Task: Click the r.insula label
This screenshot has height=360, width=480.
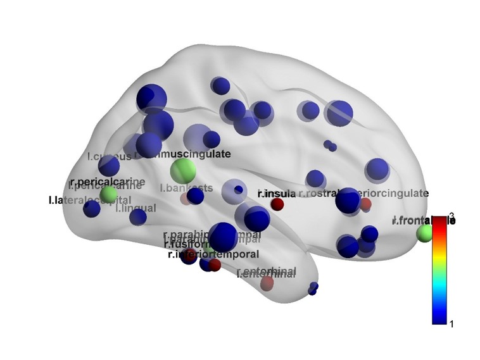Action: coord(276,193)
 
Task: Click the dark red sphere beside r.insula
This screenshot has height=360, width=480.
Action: coord(277,204)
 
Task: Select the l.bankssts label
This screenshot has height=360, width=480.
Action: coord(186,188)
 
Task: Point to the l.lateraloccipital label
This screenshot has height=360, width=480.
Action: coord(89,201)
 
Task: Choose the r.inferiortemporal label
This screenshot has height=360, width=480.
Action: coord(213,254)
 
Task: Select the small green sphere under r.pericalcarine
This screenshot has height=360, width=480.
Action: coord(109,194)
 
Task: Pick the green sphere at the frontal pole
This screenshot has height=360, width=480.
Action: coord(424,233)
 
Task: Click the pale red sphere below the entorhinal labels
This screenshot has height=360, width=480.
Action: coord(267,282)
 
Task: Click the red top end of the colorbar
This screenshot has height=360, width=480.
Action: coord(440,220)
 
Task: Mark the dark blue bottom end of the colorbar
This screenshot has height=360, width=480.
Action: coord(440,320)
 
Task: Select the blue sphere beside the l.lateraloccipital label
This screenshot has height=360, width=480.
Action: coord(92,208)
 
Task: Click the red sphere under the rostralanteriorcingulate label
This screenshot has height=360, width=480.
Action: coord(365,204)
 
